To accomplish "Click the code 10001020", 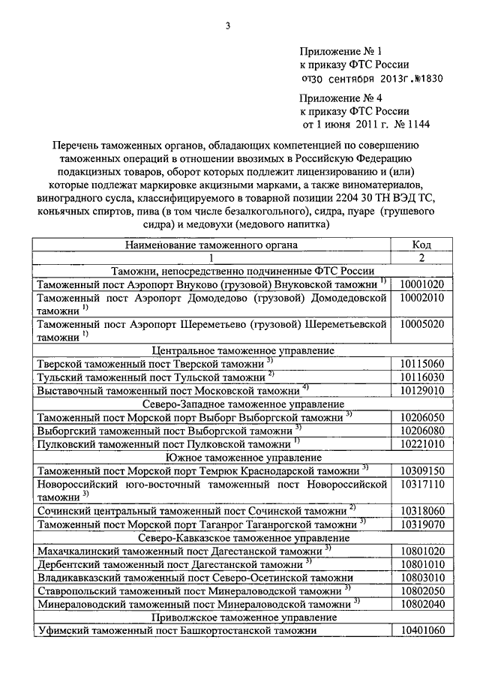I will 422,284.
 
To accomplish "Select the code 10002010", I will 422,298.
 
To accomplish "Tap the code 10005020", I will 422,324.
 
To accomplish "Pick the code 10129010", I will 422,390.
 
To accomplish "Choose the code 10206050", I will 422,417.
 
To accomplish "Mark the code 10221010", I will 422,443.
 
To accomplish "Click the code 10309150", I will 422,470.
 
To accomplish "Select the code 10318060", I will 422,510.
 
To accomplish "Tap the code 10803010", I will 422,577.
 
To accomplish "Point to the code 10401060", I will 422,630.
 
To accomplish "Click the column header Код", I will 421,245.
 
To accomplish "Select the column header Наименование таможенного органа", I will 211,245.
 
